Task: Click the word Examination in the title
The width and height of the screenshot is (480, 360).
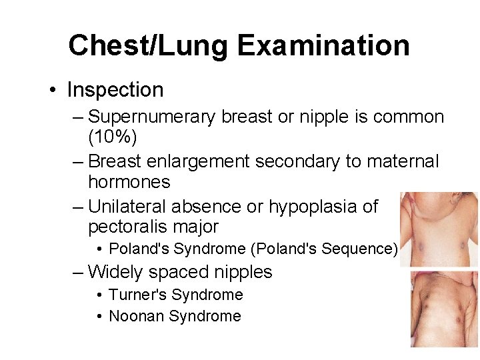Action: click(324, 45)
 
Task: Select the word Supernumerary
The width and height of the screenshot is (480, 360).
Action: click(152, 117)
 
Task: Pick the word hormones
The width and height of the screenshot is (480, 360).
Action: click(129, 182)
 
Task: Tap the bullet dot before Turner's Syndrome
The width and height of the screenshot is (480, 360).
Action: click(99, 295)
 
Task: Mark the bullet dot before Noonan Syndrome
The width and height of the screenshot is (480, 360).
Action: click(99, 317)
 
